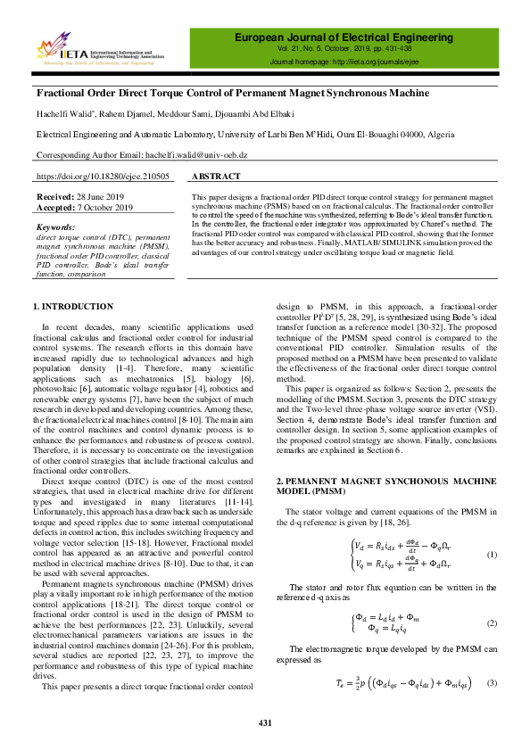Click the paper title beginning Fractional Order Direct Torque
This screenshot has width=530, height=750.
[x=232, y=93]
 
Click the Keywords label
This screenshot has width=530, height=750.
[x=55, y=227]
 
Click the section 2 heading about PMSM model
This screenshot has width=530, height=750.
[x=373, y=487]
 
